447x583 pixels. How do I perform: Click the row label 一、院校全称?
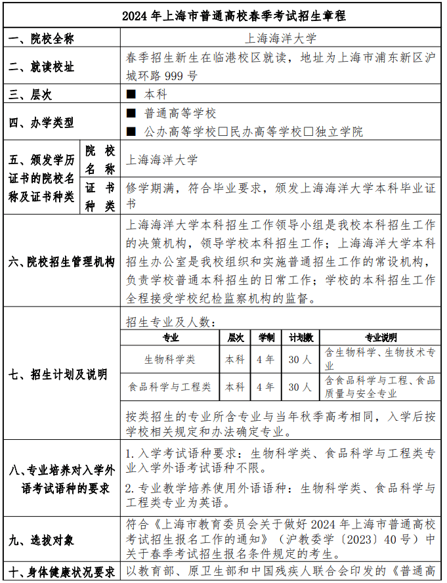click(x=41, y=39)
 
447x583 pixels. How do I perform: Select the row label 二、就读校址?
click(x=41, y=67)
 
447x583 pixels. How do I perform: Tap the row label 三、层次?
click(x=30, y=95)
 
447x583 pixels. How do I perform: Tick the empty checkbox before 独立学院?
click(x=309, y=132)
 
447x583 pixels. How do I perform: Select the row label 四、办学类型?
click(x=41, y=123)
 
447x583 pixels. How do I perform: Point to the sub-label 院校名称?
click(x=100, y=160)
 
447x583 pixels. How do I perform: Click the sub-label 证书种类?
click(x=100, y=196)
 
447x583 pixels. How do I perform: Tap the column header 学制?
click(x=266, y=337)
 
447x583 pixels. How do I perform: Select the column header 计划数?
click(x=301, y=337)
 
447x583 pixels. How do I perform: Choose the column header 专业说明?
click(x=381, y=337)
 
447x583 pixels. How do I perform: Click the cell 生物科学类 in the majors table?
click(x=170, y=360)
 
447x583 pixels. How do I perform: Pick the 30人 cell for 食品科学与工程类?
click(x=300, y=387)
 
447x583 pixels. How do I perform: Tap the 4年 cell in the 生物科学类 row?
click(x=266, y=360)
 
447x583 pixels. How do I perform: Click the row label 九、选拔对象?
click(x=41, y=540)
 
